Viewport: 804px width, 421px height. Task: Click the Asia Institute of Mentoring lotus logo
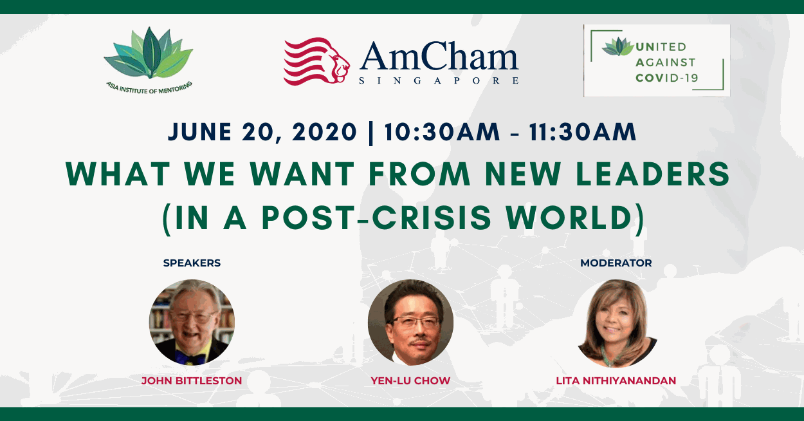148,53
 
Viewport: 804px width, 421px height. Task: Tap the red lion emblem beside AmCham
316,61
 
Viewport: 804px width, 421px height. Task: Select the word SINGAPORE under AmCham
439,80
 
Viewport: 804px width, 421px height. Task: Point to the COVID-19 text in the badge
666,78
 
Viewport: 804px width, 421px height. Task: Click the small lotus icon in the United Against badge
617,47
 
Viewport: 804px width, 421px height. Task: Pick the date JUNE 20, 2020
262,132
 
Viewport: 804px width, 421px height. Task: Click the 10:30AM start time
443,132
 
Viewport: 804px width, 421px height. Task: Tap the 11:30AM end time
582,132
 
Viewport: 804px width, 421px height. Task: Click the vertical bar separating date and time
370,133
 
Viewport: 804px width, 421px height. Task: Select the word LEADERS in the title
653,174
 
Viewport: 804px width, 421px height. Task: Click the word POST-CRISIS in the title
376,218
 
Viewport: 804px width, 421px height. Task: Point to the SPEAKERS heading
192,263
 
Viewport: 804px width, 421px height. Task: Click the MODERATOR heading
616,263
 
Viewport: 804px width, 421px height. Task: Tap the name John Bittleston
192,381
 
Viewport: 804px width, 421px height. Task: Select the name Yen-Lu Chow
410,381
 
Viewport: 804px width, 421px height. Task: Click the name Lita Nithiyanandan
616,381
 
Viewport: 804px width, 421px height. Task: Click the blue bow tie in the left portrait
190,358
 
